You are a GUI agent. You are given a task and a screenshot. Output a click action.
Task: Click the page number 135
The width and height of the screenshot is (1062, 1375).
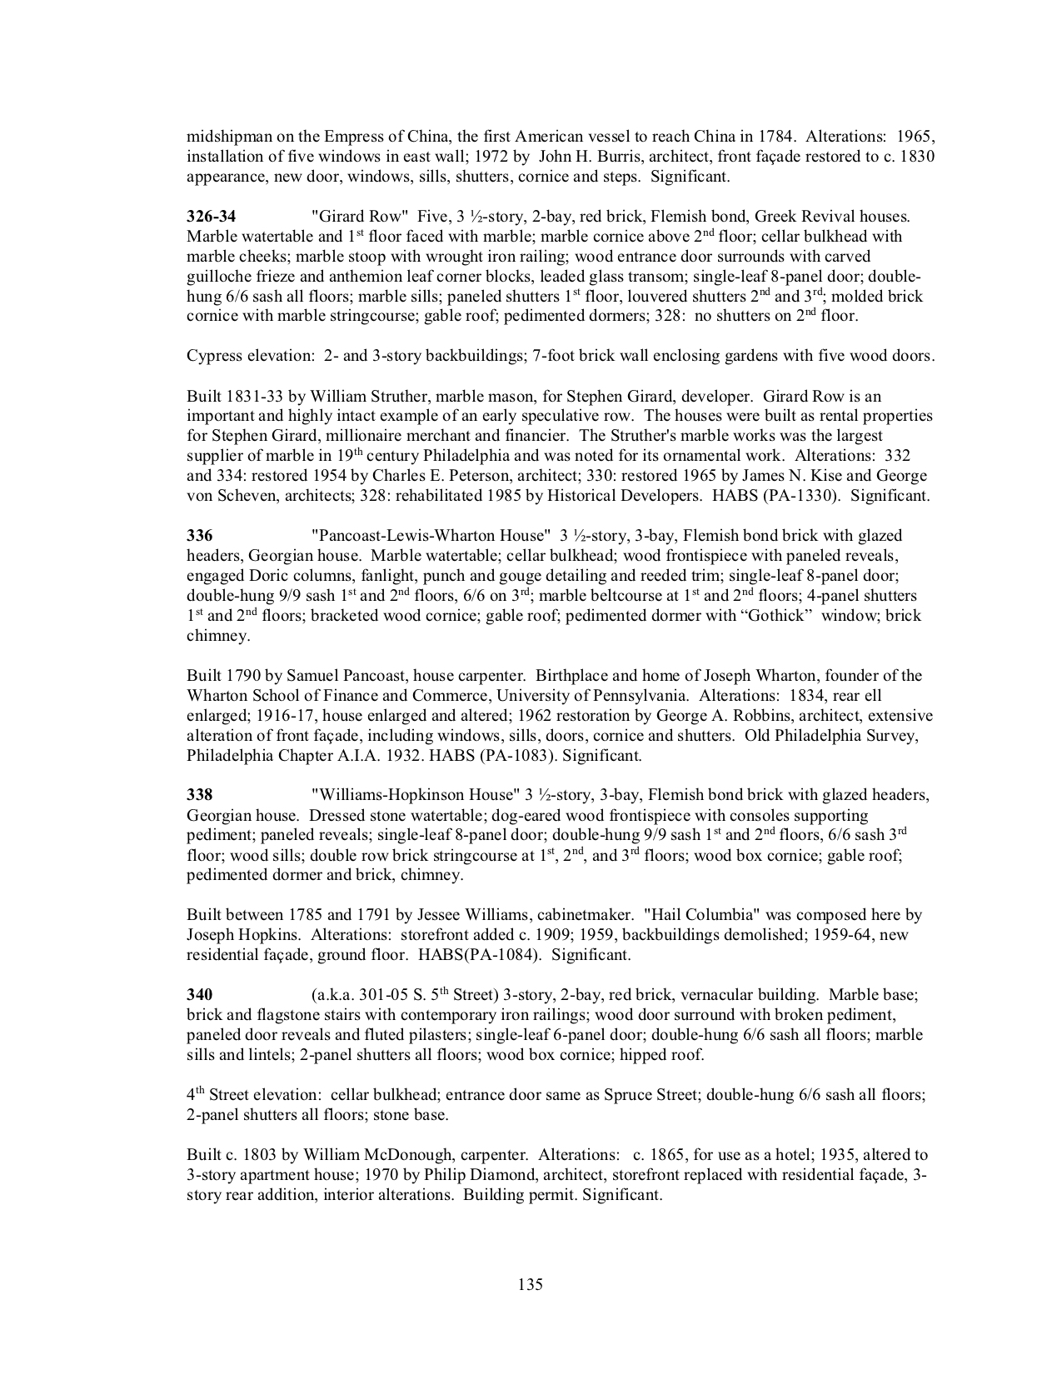tap(530, 1284)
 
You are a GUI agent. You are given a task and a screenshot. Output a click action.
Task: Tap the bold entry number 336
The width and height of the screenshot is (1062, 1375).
tap(199, 536)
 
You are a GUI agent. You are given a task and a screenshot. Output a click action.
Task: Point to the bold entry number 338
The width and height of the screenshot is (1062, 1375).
tap(199, 795)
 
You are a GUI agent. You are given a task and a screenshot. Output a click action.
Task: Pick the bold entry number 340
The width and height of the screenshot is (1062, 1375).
tap(199, 995)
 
